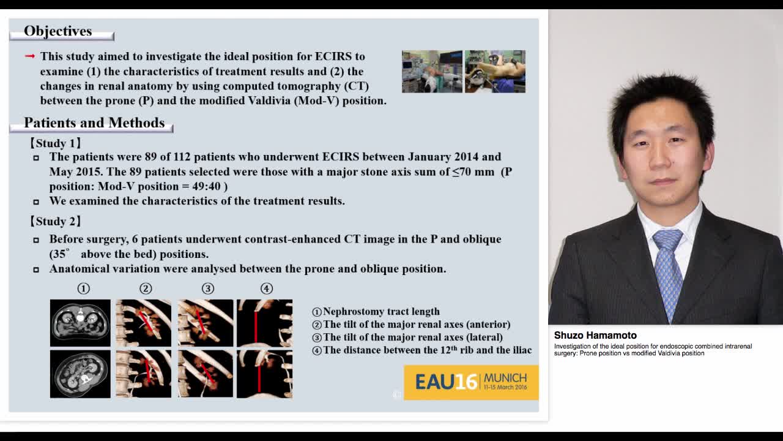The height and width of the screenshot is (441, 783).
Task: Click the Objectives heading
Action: (58, 31)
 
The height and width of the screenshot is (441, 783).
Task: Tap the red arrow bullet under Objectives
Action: (30, 56)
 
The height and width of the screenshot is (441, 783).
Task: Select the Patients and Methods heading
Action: (94, 123)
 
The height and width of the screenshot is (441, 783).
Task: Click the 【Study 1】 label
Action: (56, 143)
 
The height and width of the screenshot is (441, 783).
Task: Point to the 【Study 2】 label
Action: (56, 222)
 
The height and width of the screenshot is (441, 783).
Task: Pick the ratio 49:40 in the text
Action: (206, 186)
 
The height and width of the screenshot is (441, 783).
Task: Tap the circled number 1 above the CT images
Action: (83, 288)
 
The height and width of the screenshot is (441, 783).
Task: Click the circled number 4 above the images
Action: (266, 288)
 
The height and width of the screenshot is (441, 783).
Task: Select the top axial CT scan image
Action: (80, 323)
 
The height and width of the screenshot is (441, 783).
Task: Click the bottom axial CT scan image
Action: (80, 374)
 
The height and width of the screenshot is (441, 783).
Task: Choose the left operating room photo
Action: (432, 72)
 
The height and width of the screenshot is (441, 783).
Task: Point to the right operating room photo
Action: (495, 72)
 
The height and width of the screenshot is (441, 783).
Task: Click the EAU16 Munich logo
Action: (471, 382)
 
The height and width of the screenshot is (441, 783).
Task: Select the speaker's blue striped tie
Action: (668, 269)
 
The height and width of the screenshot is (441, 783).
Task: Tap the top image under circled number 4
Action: (264, 323)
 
